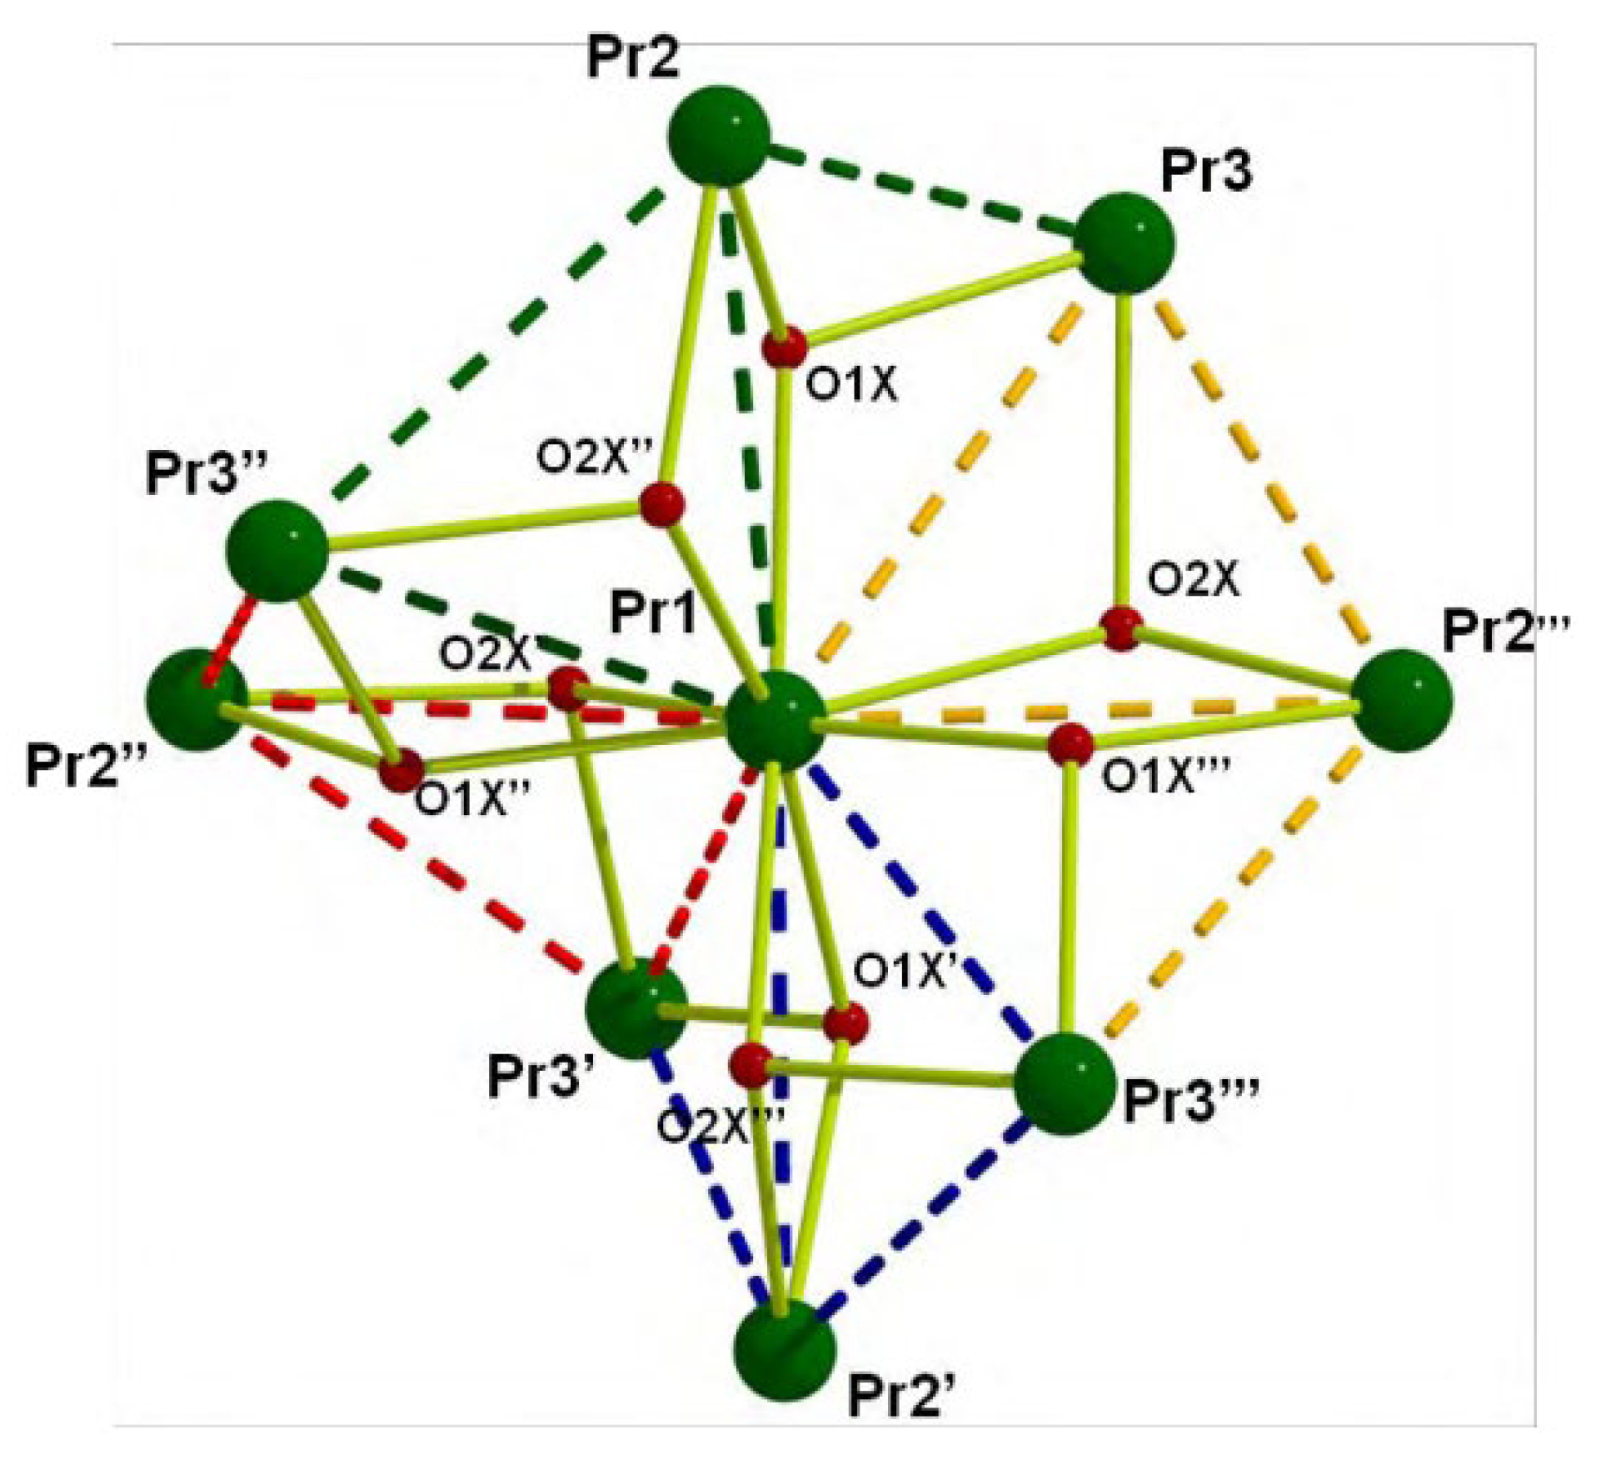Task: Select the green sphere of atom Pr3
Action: (1125, 242)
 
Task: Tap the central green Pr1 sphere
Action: (776, 722)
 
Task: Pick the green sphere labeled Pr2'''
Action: (1402, 700)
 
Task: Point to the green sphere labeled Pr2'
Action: (784, 1349)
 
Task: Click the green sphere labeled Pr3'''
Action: (1064, 1083)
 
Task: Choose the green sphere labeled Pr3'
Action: (636, 1008)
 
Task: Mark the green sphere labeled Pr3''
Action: (277, 550)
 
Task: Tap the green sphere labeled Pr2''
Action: (197, 700)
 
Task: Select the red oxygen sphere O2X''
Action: (663, 503)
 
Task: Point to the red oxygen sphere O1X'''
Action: (1070, 745)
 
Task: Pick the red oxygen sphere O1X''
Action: (401, 770)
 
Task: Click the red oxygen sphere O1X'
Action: (845, 1022)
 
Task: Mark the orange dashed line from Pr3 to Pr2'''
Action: (1258, 467)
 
